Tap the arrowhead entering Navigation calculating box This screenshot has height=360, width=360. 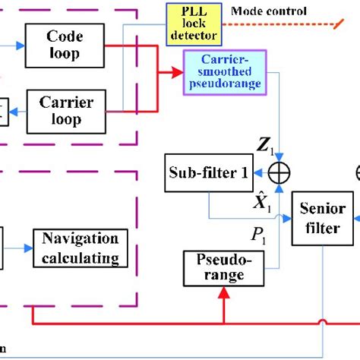pyautogui.click(x=28, y=247)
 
